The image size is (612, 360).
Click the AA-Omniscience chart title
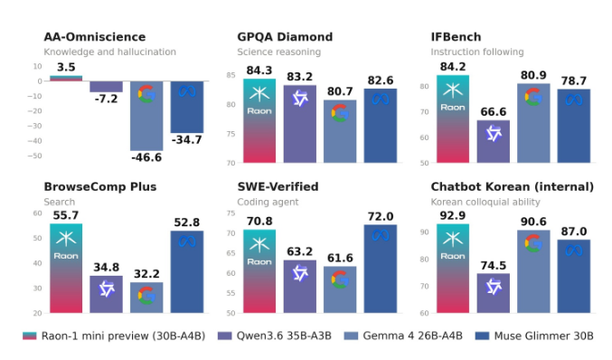tap(94, 37)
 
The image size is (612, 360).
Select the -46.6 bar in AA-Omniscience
tap(146, 116)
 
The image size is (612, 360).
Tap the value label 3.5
tap(66, 67)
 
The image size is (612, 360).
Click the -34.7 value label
tap(186, 140)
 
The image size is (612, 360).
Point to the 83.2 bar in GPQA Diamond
tap(300, 124)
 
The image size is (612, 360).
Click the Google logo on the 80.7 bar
tap(340, 113)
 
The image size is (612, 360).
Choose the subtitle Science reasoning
tap(279, 52)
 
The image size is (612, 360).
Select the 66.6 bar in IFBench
tap(494, 141)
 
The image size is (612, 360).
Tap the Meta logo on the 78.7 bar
tap(574, 100)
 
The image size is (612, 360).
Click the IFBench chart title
tap(456, 37)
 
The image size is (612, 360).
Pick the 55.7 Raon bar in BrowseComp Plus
tap(66, 269)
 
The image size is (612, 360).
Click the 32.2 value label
tap(146, 274)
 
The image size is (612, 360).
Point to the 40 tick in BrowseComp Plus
tap(37, 263)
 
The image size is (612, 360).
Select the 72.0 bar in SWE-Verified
tap(381, 269)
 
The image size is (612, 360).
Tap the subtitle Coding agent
tap(268, 202)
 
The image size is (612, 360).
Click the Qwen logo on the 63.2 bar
tap(300, 273)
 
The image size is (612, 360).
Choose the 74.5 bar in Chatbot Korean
tap(494, 293)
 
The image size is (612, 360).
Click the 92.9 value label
tap(453, 215)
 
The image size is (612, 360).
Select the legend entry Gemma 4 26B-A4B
tap(403, 336)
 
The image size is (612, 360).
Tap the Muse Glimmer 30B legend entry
tap(534, 336)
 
